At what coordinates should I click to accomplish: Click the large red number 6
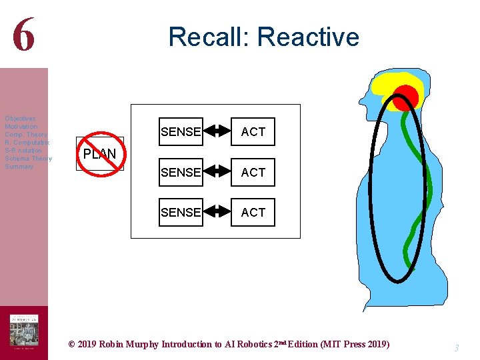[23, 35]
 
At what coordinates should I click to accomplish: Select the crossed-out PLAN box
[99, 154]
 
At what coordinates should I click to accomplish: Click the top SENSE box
[181, 132]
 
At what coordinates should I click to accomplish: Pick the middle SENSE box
[181, 172]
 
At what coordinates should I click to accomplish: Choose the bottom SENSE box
[181, 212]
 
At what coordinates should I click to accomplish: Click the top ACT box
[253, 132]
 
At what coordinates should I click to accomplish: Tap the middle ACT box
[253, 172]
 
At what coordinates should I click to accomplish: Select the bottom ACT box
[253, 212]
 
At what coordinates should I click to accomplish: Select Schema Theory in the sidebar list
[27, 159]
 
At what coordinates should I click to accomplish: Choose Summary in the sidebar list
[19, 167]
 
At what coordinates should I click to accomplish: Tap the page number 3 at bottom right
[457, 347]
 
